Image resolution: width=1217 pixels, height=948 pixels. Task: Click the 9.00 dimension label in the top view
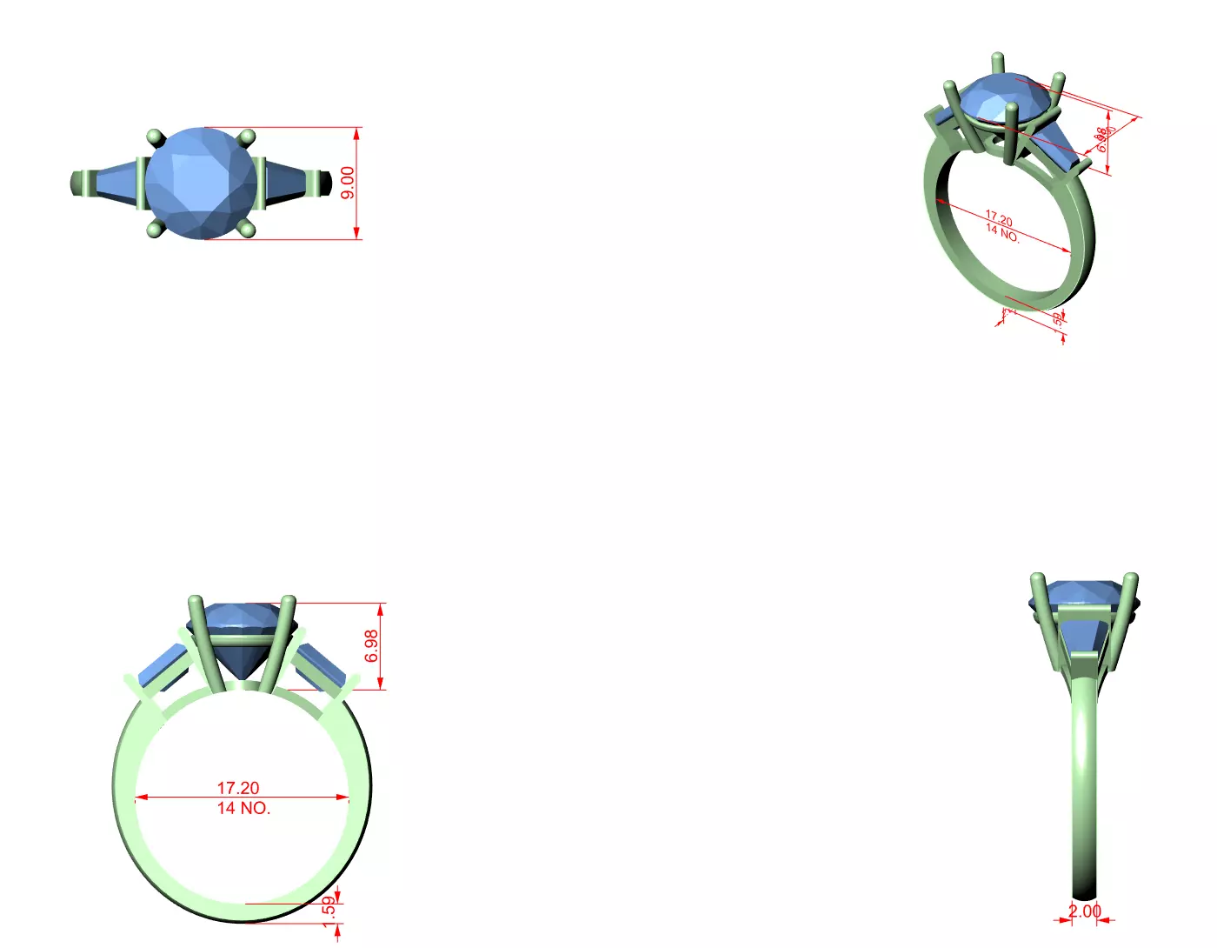pos(348,183)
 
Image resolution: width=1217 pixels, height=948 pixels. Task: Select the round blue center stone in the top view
pos(201,183)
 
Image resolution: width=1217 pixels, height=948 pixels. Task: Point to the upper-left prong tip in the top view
pos(156,137)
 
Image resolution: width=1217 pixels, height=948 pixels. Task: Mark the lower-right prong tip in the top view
pos(247,229)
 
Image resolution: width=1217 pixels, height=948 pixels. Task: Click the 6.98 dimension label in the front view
pos(372,646)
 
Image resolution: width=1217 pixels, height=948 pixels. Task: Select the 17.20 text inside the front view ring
pos(238,788)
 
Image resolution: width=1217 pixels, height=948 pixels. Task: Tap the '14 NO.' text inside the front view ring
pos(243,808)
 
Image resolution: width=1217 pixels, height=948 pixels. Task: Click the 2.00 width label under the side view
pos(1084,911)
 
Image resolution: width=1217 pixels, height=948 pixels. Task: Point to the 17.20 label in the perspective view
pos(999,219)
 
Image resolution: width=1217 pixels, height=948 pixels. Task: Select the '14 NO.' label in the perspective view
pos(1002,232)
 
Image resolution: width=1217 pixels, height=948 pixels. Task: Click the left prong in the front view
pos(205,644)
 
